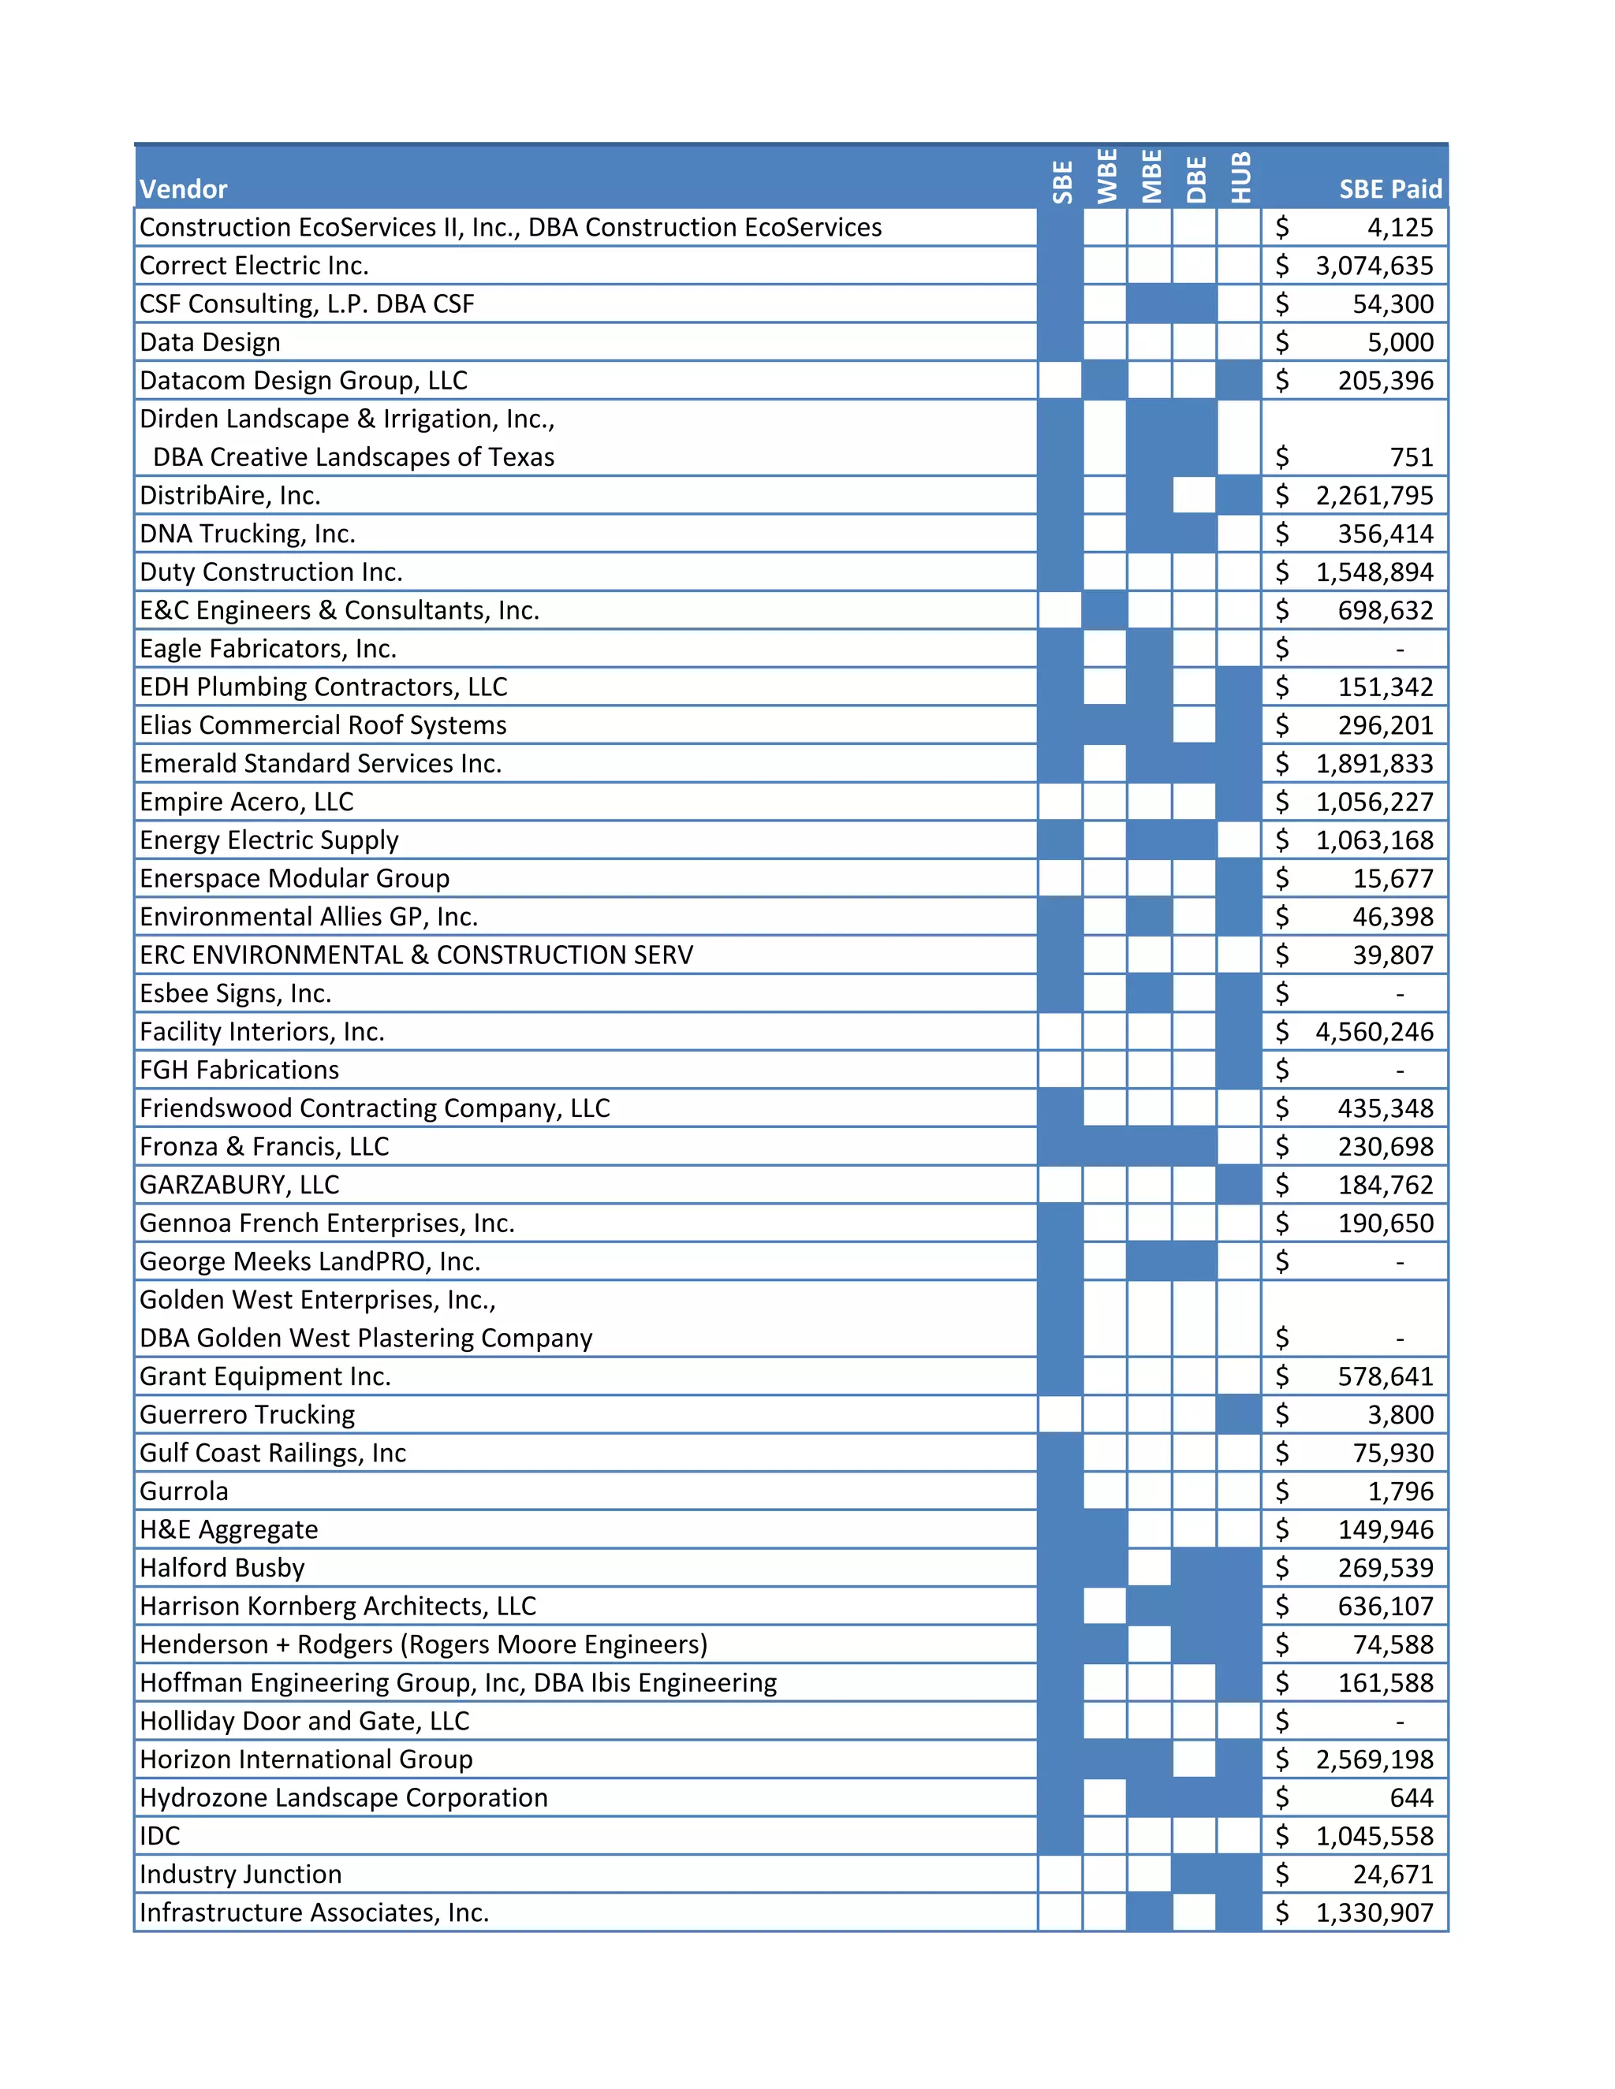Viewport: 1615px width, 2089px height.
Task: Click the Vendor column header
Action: (184, 188)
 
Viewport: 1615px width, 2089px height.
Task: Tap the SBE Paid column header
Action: (1389, 188)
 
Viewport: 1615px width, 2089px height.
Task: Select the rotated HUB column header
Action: (1240, 178)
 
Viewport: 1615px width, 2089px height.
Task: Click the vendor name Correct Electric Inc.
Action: (254, 266)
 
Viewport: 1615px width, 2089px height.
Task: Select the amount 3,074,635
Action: (1374, 266)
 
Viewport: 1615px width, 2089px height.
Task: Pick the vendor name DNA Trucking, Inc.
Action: (247, 534)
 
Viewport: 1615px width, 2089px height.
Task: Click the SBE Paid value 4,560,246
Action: (1374, 1032)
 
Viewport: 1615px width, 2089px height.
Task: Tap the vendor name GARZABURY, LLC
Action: (239, 1185)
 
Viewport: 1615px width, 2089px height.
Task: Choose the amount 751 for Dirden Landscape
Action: (1412, 457)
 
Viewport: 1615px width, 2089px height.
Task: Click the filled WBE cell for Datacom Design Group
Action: (1105, 381)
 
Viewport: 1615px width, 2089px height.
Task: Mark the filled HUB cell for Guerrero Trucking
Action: (1239, 1415)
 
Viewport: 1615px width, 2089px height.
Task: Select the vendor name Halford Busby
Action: (222, 1568)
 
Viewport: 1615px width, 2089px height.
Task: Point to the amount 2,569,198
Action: (1374, 1759)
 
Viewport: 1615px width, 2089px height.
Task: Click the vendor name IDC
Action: (160, 1835)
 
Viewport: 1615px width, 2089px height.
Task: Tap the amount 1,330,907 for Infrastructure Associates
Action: (1374, 1912)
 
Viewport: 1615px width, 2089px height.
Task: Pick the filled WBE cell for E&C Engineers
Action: (1105, 610)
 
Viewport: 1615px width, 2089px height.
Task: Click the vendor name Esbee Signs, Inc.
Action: (235, 994)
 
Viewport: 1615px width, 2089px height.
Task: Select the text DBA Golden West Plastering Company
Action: (365, 1339)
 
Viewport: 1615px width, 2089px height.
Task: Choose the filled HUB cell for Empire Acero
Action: (1239, 802)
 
